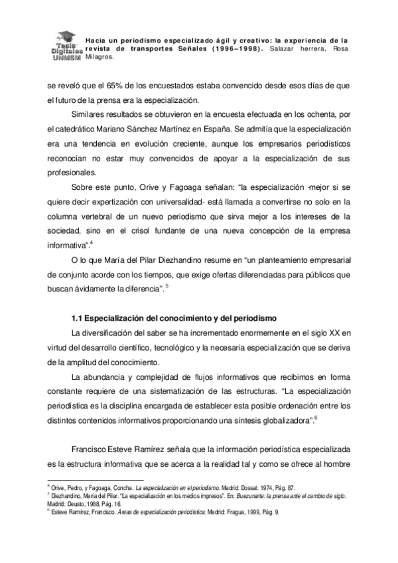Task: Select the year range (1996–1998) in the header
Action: point(239,48)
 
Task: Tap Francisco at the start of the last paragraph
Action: point(91,449)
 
